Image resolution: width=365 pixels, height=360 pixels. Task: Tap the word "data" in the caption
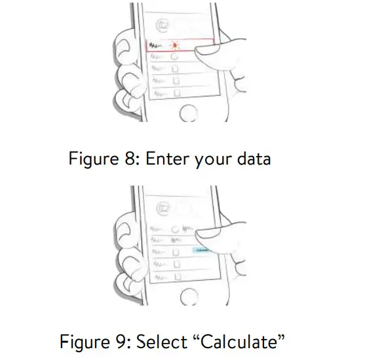point(250,158)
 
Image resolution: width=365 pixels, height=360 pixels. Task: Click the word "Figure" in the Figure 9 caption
point(82,342)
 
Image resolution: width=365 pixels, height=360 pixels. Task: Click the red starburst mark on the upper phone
point(176,45)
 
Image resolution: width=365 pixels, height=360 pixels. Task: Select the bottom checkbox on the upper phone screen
point(175,92)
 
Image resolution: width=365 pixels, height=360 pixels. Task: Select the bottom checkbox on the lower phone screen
point(175,275)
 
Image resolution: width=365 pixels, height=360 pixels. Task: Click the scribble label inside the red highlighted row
point(156,46)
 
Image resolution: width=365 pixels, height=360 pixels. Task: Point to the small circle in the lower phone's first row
point(175,229)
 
